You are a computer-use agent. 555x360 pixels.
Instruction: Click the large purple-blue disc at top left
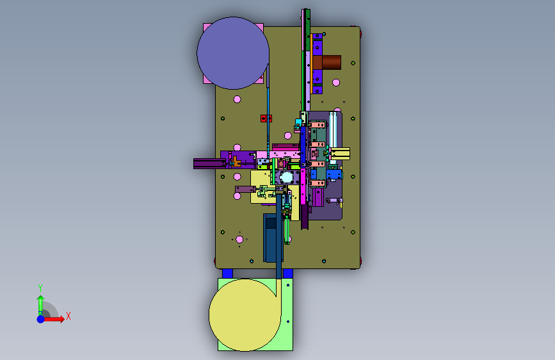coord(233,53)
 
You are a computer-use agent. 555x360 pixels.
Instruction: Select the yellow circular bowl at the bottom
coord(245,315)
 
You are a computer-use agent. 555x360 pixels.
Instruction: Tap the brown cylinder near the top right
coord(326,62)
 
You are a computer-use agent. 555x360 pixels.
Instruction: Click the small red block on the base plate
coord(266,119)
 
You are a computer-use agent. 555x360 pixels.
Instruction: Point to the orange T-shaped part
coord(236,162)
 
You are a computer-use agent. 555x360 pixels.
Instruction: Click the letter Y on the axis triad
coord(40,288)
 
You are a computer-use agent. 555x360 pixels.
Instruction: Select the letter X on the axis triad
coord(68,316)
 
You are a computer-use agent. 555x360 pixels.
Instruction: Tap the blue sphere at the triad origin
coord(41,319)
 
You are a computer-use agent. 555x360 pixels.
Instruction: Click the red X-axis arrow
coord(53,319)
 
